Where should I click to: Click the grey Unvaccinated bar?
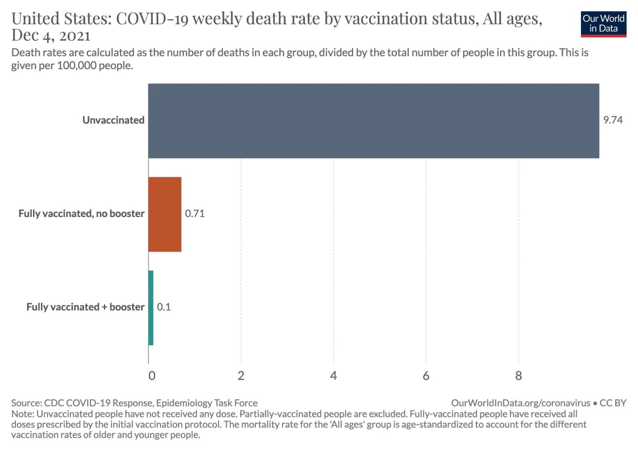373,121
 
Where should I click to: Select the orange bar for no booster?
165,214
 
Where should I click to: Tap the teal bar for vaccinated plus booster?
151,307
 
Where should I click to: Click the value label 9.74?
612,120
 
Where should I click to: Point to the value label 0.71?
195,214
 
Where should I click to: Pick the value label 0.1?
163,307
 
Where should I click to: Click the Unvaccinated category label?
113,120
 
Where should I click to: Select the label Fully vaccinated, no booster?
81,214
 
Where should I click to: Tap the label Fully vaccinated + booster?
85,307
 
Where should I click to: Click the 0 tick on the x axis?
152,376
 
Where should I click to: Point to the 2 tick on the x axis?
241,376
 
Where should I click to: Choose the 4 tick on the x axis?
333,376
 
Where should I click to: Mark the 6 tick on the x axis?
426,376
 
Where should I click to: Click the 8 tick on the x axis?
518,376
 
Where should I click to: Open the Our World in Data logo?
603,24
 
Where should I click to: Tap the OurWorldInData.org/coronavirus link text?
520,403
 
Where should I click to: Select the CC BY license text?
613,403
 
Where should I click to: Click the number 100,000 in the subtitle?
77,66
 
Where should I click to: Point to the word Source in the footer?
26,403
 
